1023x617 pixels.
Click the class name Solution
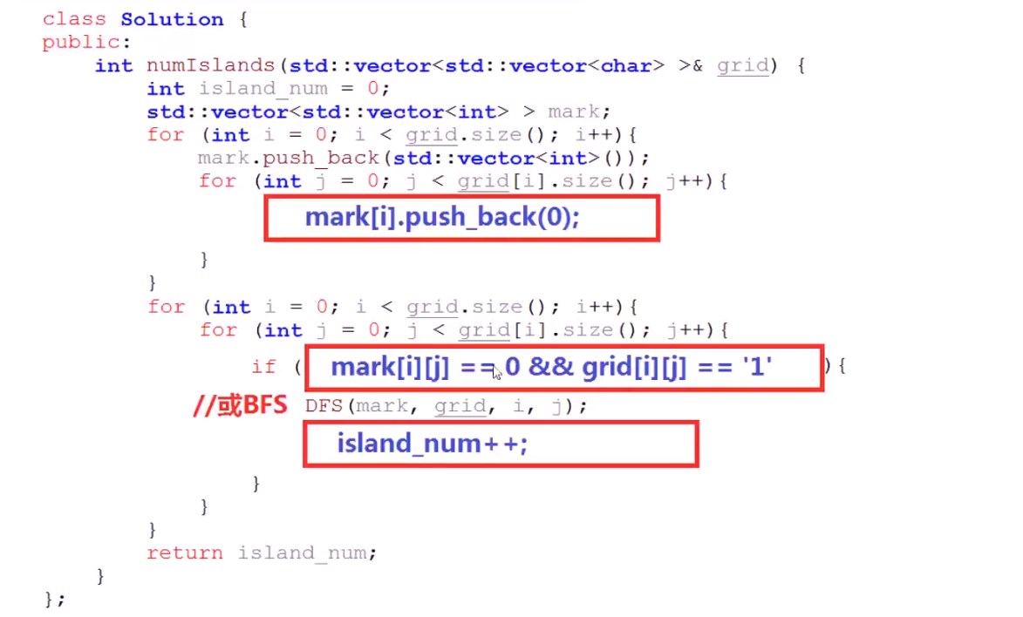coord(171,19)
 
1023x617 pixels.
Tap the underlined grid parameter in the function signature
coord(743,65)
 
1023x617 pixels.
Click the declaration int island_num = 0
coord(268,89)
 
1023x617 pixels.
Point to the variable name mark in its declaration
coord(573,112)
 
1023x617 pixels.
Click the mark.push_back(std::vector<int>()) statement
coord(424,158)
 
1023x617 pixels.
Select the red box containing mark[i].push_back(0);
coord(461,218)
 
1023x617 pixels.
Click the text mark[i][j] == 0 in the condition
coord(425,367)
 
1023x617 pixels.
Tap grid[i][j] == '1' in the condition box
coord(677,367)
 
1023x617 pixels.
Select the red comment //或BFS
coord(240,405)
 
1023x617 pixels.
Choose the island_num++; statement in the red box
coord(433,444)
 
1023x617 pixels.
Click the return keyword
coord(184,553)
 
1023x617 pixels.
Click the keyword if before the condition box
coord(263,367)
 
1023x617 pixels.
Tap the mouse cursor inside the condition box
coord(496,372)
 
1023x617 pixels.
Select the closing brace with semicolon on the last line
coord(54,599)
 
